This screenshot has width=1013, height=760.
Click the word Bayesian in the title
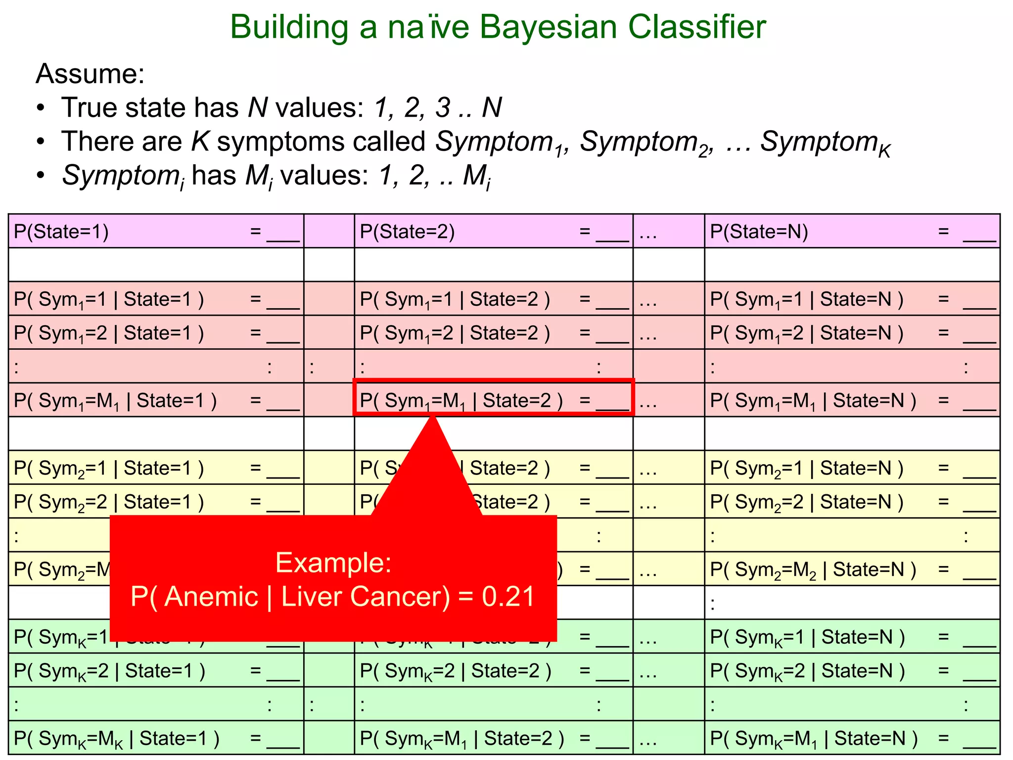(548, 27)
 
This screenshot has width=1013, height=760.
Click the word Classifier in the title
(697, 27)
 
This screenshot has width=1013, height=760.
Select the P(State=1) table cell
(156, 232)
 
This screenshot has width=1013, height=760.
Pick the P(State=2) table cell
(493, 232)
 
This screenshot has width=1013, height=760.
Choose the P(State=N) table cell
(852, 232)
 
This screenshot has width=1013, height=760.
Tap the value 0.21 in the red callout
(508, 597)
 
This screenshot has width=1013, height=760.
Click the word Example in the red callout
(333, 563)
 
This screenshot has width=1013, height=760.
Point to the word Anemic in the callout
(211, 597)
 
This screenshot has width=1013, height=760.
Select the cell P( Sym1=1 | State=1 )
(156, 299)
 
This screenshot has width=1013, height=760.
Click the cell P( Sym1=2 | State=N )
(852, 333)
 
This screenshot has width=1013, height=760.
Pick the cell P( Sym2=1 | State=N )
(852, 468)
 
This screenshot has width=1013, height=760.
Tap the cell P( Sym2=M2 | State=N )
(852, 570)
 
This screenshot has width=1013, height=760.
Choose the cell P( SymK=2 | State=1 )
(156, 671)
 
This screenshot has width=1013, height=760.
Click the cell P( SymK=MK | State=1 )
(156, 738)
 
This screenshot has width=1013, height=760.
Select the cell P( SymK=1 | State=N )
(852, 637)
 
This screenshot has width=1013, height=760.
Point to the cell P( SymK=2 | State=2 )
(493, 671)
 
